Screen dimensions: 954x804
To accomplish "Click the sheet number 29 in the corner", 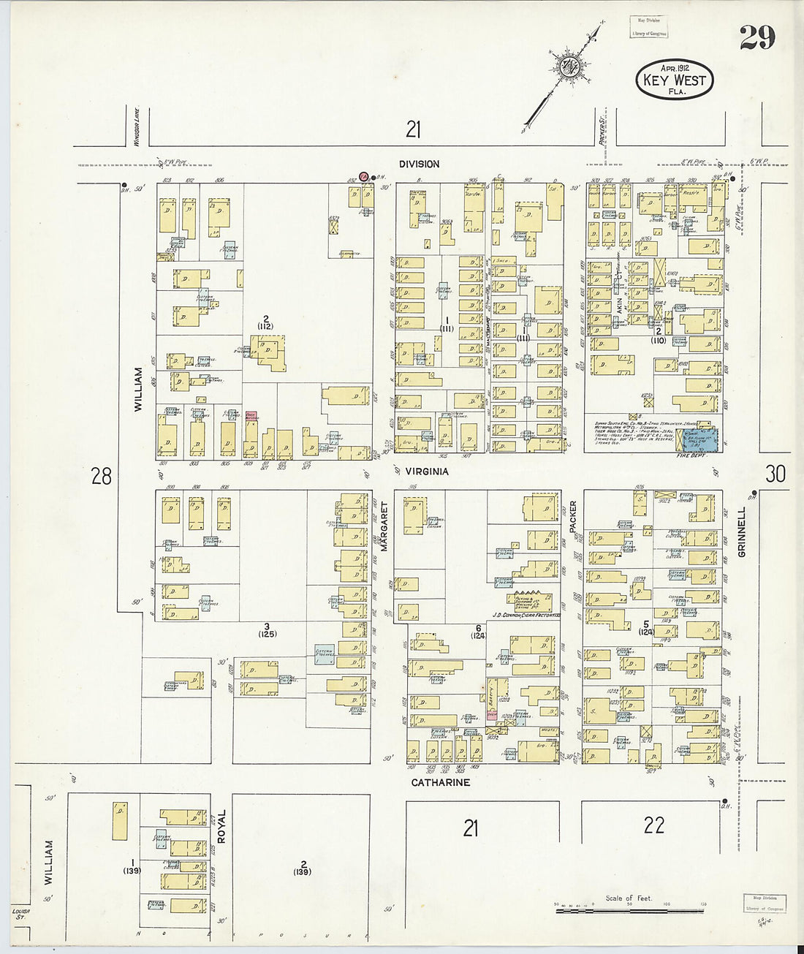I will (x=756, y=38).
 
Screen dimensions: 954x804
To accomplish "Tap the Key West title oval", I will (x=674, y=80).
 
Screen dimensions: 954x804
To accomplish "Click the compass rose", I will (x=569, y=67).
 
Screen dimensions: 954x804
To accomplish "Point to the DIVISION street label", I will (x=419, y=164).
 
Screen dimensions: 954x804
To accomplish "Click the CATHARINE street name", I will (x=440, y=782).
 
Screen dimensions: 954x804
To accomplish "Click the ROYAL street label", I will (x=221, y=826).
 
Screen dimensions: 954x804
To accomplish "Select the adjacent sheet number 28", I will (x=102, y=477).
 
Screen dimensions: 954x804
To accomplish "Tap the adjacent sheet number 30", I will (x=775, y=474).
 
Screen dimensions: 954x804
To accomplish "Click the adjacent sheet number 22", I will (x=653, y=825).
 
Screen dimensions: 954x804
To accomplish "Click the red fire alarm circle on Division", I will (x=363, y=176).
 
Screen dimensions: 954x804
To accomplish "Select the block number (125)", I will (x=267, y=634).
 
